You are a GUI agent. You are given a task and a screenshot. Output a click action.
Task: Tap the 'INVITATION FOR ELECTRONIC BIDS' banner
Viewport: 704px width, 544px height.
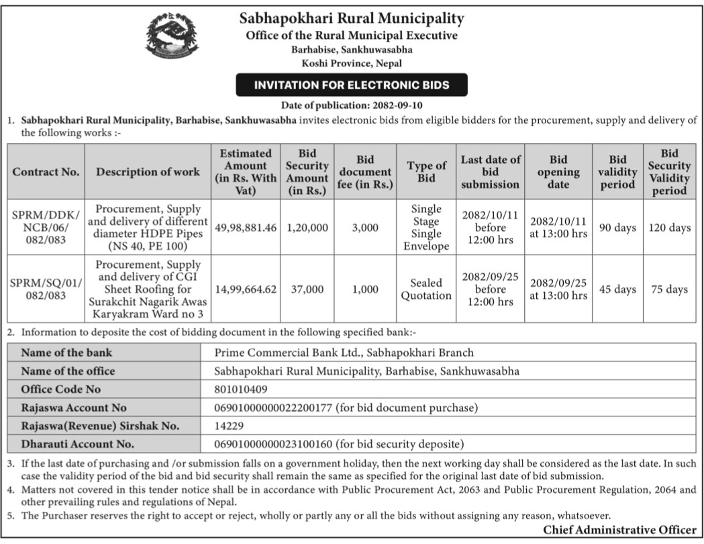(352, 85)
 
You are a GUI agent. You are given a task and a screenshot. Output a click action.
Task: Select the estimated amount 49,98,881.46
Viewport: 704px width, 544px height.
(246, 228)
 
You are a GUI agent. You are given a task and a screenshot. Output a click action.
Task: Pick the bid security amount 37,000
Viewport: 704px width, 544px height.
(307, 289)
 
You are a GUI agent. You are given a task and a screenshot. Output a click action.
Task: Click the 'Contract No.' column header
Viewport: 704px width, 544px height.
(46, 171)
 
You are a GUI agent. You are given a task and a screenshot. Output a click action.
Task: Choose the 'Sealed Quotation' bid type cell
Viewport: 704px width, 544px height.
(426, 289)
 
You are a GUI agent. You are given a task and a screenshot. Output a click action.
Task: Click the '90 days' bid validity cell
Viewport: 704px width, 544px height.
(617, 228)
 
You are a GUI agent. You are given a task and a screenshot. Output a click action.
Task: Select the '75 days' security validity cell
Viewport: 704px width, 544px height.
(669, 289)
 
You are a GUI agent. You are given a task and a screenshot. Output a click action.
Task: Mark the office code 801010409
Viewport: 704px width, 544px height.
(241, 389)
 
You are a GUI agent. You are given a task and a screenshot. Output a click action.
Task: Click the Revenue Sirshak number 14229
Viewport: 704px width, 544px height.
(229, 425)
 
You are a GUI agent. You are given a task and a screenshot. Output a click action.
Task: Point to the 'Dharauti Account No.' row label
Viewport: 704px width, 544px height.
(77, 443)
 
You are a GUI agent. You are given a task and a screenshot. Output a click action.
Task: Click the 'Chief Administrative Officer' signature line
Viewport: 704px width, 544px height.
(619, 531)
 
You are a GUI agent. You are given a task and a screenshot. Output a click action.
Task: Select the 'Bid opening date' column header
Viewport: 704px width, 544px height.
(558, 172)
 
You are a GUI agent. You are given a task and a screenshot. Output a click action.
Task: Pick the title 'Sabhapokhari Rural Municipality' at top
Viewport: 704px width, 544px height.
(352, 18)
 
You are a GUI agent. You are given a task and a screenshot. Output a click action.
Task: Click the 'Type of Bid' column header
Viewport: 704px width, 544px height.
(426, 172)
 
